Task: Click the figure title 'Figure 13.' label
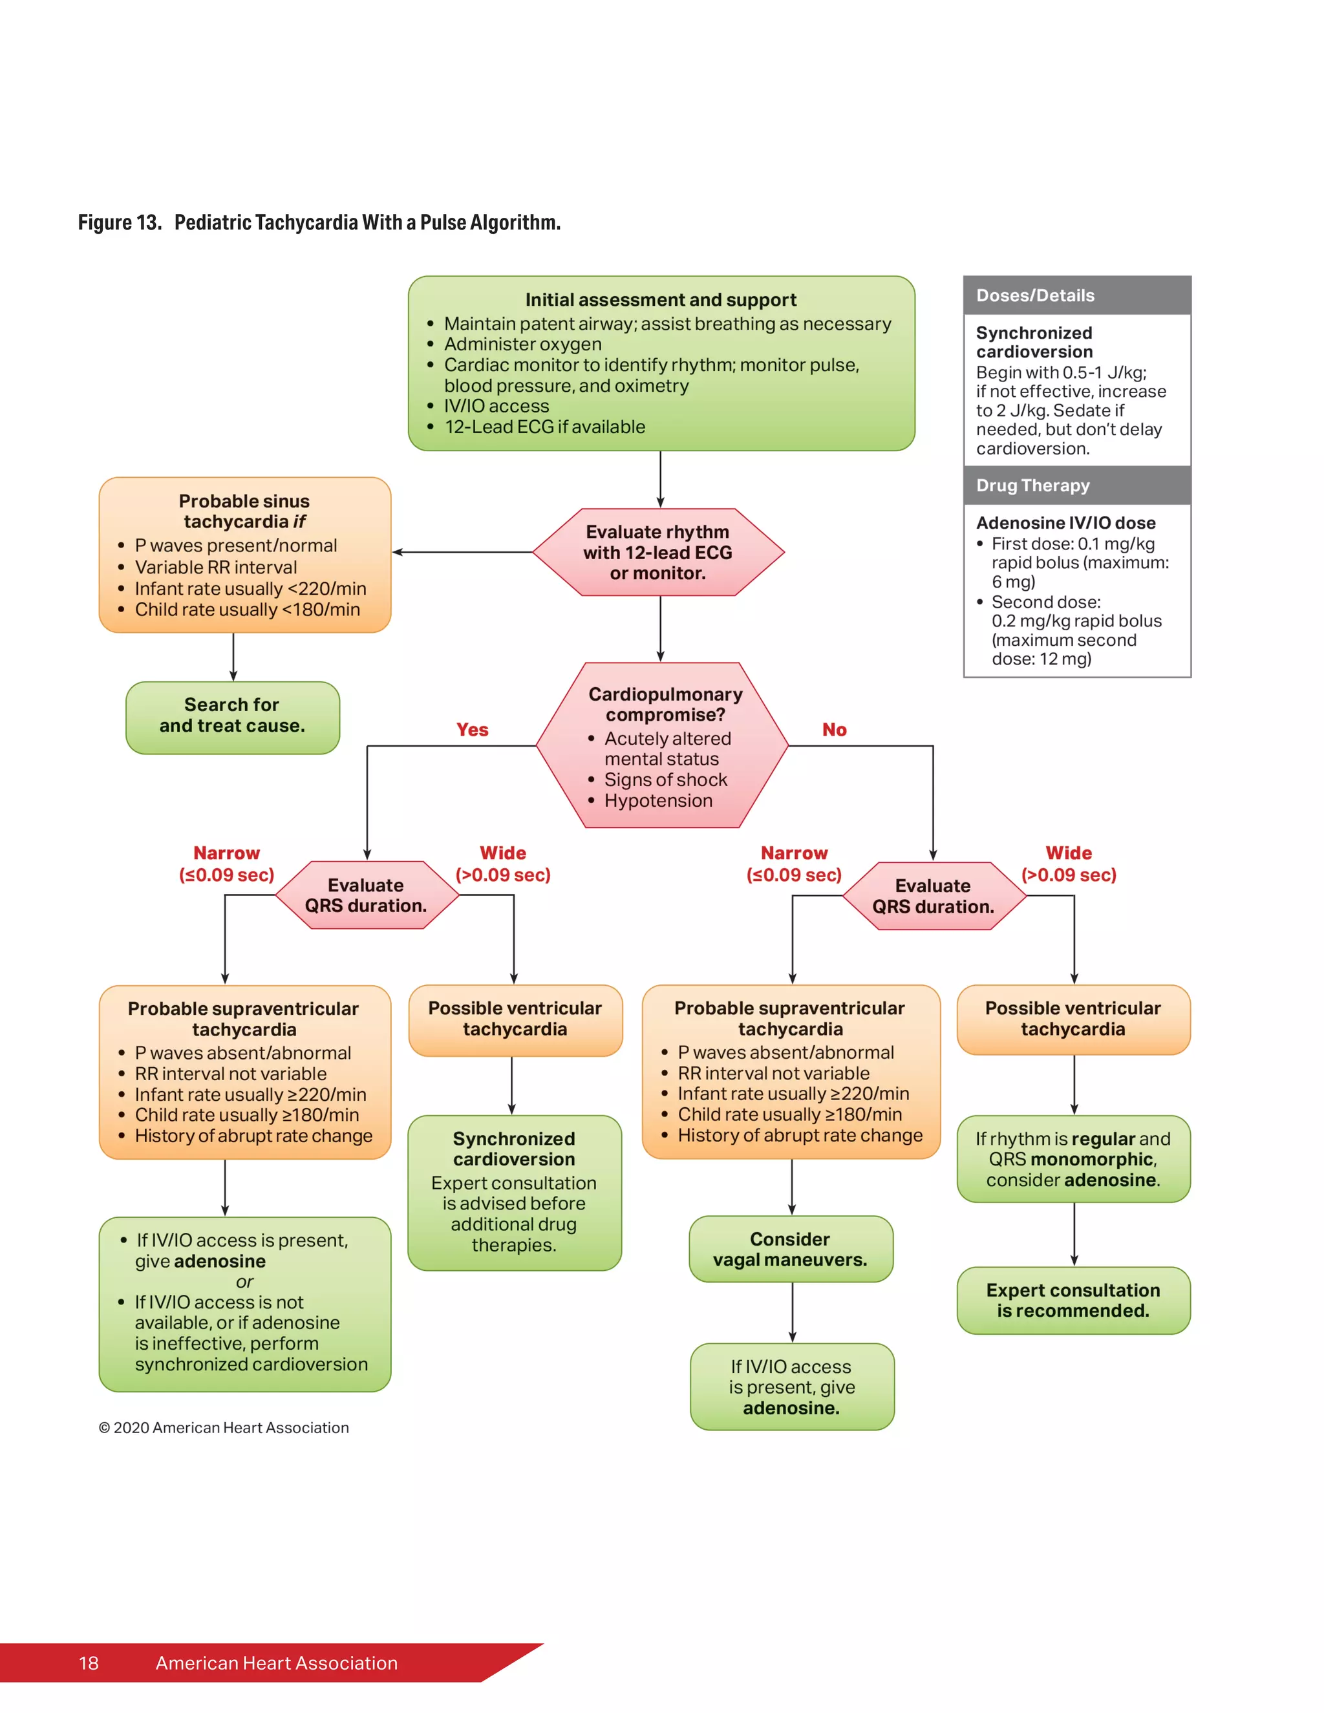pyautogui.click(x=119, y=223)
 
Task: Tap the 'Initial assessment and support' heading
pyautogui.click(x=661, y=300)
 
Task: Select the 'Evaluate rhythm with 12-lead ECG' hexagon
pyautogui.click(x=657, y=552)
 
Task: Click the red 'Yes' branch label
pyautogui.click(x=472, y=729)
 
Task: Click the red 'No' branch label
pyautogui.click(x=834, y=729)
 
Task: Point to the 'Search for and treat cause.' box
pyautogui.click(x=232, y=716)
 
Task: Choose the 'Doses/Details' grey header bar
pyautogui.click(x=1076, y=295)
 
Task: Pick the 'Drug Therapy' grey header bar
pyautogui.click(x=1076, y=485)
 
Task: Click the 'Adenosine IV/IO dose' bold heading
pyautogui.click(x=1065, y=522)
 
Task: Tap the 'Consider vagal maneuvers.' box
pyautogui.click(x=791, y=1250)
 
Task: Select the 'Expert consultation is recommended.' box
pyautogui.click(x=1073, y=1301)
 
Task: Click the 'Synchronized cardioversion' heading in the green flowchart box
pyautogui.click(x=514, y=1149)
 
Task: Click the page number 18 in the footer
pyautogui.click(x=89, y=1663)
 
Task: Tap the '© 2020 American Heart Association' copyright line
pyautogui.click(x=224, y=1427)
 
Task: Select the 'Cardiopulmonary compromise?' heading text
pyautogui.click(x=665, y=705)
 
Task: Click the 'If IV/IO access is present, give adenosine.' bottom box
pyautogui.click(x=791, y=1387)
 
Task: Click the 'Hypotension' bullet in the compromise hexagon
pyautogui.click(x=658, y=801)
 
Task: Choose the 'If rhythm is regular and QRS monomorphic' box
pyautogui.click(x=1073, y=1159)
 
